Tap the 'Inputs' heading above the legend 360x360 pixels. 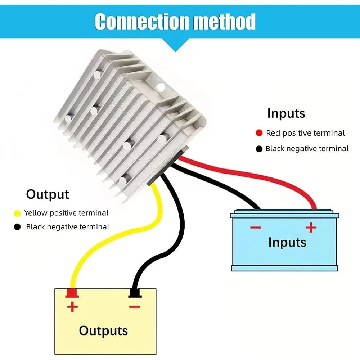tap(286, 113)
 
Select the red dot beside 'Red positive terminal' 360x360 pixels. tap(259, 133)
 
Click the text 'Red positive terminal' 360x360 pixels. tap(305, 133)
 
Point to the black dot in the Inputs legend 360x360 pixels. tap(259, 149)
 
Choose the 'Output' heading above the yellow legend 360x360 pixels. tap(48, 195)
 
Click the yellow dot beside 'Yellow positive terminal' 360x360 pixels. tap(17, 213)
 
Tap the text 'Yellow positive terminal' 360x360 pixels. tap(66, 213)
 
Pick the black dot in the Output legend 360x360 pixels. tap(17, 227)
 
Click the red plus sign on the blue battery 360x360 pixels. tap(311, 227)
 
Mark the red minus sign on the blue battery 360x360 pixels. tap(256, 228)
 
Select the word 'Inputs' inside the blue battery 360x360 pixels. tap(287, 242)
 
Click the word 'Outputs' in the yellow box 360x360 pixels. tap(103, 331)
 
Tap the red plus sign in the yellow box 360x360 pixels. tap(72, 307)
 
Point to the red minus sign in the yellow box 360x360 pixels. tap(135, 307)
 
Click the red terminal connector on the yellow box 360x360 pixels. tap(72, 293)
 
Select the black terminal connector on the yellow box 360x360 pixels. tap(135, 293)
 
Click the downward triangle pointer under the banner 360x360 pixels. tap(175, 45)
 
